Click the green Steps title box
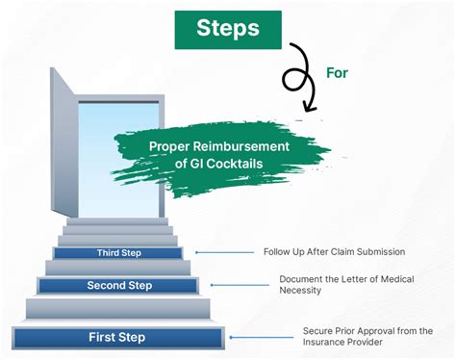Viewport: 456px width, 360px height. tap(228, 30)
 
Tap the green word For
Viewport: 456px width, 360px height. tap(337, 73)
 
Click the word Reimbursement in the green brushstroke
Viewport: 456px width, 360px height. tap(241, 146)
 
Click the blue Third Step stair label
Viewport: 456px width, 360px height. tap(118, 253)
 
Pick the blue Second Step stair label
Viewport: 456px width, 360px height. tap(117, 286)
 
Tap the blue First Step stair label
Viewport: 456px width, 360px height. tap(117, 338)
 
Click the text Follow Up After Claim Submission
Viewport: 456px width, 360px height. tap(334, 251)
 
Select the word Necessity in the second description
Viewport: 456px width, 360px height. tap(300, 290)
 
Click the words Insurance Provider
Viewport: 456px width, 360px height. tap(342, 342)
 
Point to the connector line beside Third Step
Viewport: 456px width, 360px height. tap(224, 252)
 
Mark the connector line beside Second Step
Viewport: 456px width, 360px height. tap(240, 285)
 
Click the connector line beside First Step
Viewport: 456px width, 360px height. tap(262, 337)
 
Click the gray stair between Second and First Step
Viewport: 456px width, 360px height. tap(118, 309)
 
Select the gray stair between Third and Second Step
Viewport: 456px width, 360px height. tap(118, 268)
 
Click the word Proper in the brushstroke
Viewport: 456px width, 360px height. tap(169, 146)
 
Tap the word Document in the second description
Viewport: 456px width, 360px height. tap(300, 279)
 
